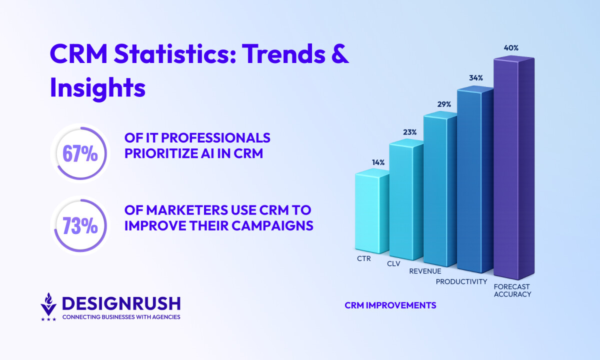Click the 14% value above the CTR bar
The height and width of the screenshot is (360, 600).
pos(378,162)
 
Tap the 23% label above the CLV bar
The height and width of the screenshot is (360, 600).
pos(410,132)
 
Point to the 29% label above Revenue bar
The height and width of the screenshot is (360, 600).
pos(444,104)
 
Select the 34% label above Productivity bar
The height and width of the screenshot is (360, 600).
pos(476,78)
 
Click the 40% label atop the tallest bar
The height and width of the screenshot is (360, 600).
pos(511,48)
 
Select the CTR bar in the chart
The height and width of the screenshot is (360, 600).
pos(372,211)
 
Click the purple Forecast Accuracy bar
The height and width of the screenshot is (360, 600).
pos(514,167)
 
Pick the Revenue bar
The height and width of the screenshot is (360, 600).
pos(440,189)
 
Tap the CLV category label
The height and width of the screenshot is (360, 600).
pos(393,264)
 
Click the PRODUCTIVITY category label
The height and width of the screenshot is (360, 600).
pos(461,281)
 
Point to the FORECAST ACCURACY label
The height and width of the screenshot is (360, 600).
pos(512,290)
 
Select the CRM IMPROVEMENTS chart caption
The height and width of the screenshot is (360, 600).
pos(390,305)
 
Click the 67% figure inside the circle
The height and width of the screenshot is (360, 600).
pos(80,153)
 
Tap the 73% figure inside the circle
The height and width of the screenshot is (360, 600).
pos(80,225)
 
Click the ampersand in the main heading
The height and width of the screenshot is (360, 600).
pos(340,54)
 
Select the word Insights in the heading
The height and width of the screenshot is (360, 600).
pos(98,87)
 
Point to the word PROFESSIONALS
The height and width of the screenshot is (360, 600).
pos(215,138)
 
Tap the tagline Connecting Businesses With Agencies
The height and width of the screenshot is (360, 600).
pos(121,317)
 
